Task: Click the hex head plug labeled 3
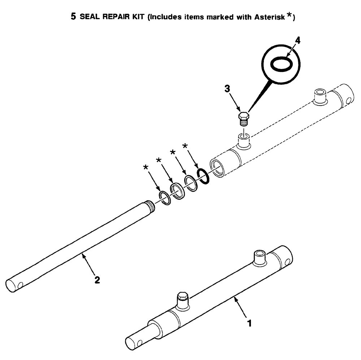pos(244,118)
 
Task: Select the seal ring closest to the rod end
pos(165,198)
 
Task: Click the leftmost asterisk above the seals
pos(145,167)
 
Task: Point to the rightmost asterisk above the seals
pos(185,146)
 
